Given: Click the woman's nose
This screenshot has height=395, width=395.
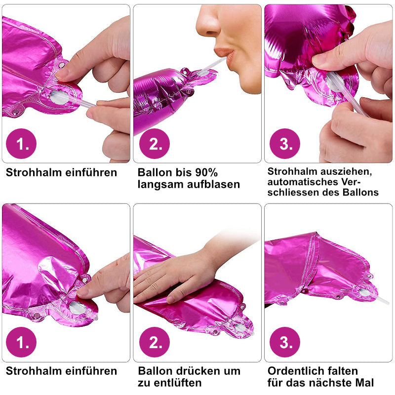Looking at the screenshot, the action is point(208,23).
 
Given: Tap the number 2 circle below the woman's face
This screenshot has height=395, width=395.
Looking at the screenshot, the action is point(155,144).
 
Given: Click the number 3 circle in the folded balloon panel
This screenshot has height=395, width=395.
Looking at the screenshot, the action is point(285,342).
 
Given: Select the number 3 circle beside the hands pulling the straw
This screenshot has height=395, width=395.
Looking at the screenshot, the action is point(285,144).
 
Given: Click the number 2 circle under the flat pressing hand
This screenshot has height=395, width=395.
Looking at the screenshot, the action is point(155,342).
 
